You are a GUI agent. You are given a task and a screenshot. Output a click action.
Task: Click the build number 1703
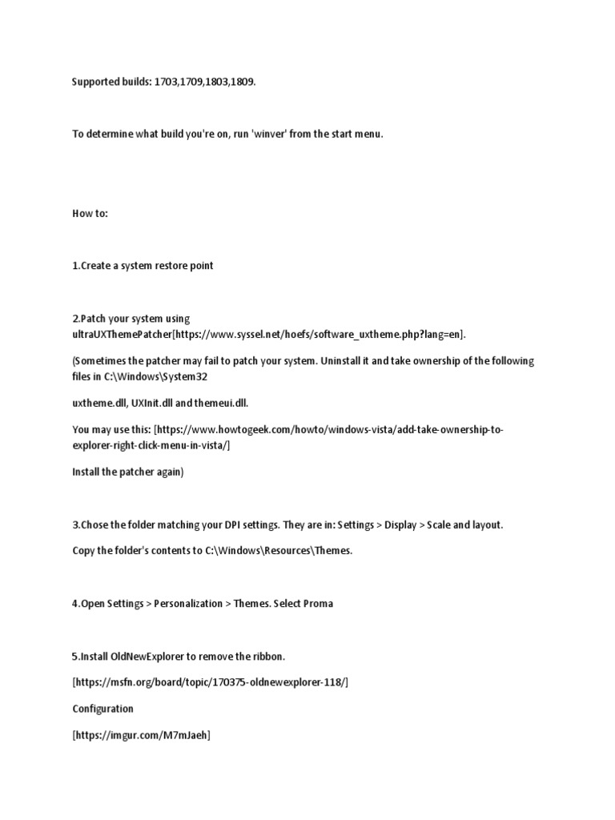tap(166, 82)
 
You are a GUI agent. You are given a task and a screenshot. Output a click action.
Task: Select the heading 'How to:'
tap(90, 215)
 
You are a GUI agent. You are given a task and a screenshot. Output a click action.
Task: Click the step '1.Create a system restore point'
tap(143, 266)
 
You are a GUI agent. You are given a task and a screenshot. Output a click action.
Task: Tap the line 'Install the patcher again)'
tap(127, 472)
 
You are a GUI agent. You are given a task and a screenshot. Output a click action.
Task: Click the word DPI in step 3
tap(215, 525)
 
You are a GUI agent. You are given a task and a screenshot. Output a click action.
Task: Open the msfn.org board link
tap(211, 682)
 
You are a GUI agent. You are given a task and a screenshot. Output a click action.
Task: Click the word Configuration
tap(102, 709)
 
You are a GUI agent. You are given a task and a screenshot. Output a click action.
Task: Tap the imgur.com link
tap(141, 735)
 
